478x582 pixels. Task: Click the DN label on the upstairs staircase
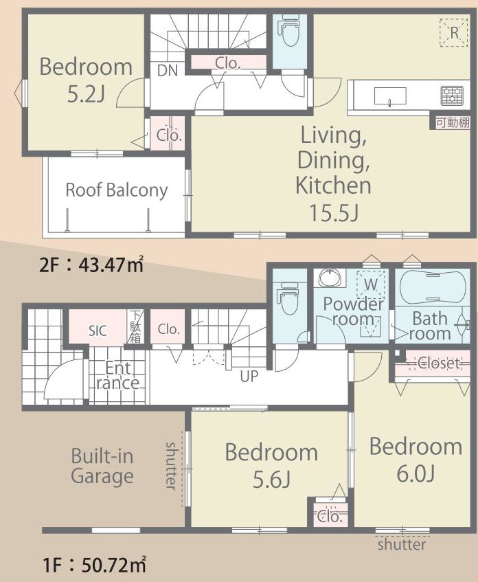[x=168, y=70]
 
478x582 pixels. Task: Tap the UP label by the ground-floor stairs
[x=249, y=377]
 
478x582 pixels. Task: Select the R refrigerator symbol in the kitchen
[x=453, y=33]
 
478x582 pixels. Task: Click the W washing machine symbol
[x=371, y=284]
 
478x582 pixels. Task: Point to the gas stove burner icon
[x=452, y=96]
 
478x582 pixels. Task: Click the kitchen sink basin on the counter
[x=389, y=96]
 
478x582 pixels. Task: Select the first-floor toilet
[x=289, y=298]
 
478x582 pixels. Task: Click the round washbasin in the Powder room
[x=328, y=278]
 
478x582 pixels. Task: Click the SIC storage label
[x=98, y=331]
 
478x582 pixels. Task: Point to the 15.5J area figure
[x=334, y=213]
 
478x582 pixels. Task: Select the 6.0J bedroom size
[x=416, y=473]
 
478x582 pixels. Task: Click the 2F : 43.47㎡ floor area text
[x=91, y=265]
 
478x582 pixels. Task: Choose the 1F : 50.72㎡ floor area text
[x=94, y=565]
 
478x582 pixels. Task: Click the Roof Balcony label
[x=117, y=190]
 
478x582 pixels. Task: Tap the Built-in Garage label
[x=102, y=466]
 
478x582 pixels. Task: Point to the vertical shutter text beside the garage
[x=171, y=465]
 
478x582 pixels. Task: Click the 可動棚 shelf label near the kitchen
[x=453, y=122]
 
